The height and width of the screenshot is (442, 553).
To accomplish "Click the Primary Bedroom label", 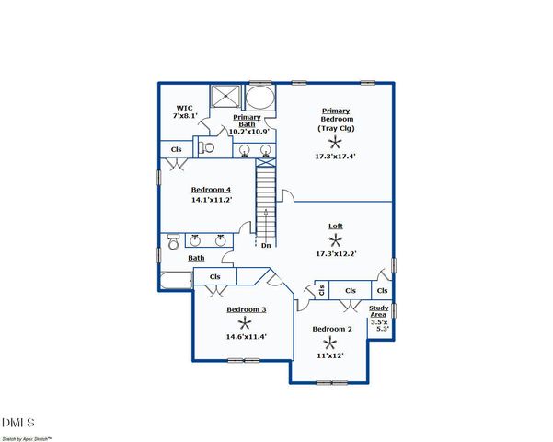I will (336, 115).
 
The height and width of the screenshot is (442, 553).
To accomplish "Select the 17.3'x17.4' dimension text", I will (336, 157).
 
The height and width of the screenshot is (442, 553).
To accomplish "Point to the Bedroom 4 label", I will (211, 189).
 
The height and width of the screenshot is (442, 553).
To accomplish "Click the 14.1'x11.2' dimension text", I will (211, 200).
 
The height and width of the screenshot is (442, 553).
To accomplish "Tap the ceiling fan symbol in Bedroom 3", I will (245, 323).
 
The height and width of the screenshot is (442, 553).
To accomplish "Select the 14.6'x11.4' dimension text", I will (246, 336).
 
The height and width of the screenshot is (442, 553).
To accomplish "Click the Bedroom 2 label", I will (331, 329).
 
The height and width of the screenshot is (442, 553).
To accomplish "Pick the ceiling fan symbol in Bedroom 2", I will (330, 342).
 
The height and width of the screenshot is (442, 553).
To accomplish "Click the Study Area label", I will (379, 312).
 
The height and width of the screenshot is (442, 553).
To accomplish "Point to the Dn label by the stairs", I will (265, 245).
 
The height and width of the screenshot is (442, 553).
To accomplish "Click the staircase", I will (265, 198).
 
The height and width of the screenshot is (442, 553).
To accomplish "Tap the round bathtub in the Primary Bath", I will (260, 99).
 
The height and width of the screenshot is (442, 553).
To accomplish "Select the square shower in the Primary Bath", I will (225, 99).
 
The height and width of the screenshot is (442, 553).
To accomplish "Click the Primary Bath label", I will (247, 121).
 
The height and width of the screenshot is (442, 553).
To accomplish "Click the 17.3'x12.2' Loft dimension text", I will (336, 253).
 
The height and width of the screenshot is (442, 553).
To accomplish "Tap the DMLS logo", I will (18, 423).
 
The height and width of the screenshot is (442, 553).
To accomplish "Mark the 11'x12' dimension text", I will (330, 355).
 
